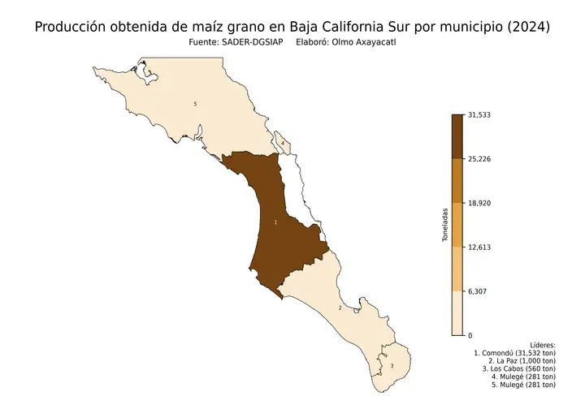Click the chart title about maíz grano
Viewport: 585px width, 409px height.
coord(292,26)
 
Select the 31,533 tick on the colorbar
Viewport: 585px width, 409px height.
coord(480,114)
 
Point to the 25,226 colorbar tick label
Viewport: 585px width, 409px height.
coord(480,159)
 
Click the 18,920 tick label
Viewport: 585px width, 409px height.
coord(480,203)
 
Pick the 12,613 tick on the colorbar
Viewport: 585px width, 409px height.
coord(480,247)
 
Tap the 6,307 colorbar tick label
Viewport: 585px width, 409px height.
coord(478,291)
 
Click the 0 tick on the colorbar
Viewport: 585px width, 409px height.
coord(470,334)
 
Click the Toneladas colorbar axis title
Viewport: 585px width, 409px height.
coord(444,226)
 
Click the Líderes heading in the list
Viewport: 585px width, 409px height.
coord(542,346)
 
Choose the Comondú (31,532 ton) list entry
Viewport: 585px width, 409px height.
coord(514,354)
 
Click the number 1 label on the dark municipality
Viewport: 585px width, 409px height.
coord(276,221)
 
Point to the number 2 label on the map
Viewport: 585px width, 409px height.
coord(340,308)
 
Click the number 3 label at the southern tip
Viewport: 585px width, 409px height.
coord(392,366)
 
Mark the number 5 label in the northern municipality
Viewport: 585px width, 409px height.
coord(195,104)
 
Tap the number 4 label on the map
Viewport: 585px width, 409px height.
coord(282,143)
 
